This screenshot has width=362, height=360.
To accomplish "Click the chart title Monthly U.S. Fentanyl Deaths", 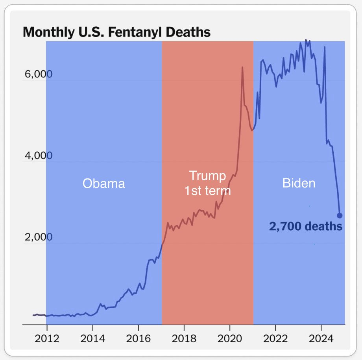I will [x=116, y=32].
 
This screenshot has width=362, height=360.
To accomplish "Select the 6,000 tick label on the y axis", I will [x=36, y=75].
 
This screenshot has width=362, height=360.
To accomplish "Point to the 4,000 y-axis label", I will [x=36, y=156].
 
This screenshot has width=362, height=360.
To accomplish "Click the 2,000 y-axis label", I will [x=36, y=237].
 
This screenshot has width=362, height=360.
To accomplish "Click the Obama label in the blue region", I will [x=103, y=184].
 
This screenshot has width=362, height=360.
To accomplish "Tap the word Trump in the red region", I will [x=207, y=175].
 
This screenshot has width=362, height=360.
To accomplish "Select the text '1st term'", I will [x=207, y=191].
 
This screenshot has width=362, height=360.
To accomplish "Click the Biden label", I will [x=299, y=183].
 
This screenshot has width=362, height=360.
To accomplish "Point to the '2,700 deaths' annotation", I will [x=305, y=227].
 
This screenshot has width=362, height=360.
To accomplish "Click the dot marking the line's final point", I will [x=340, y=215].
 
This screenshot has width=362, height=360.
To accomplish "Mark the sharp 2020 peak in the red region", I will [x=242, y=68].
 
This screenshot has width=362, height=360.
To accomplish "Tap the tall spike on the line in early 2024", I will [x=325, y=47].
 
